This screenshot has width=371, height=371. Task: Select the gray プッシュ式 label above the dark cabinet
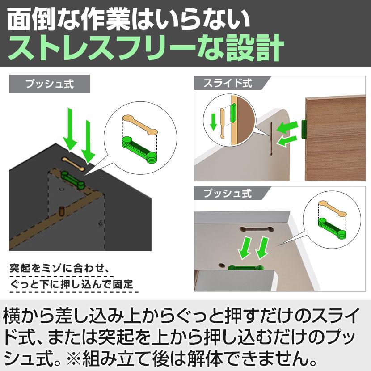click(50, 84)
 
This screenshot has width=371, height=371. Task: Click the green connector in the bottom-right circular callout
click(333, 225)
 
